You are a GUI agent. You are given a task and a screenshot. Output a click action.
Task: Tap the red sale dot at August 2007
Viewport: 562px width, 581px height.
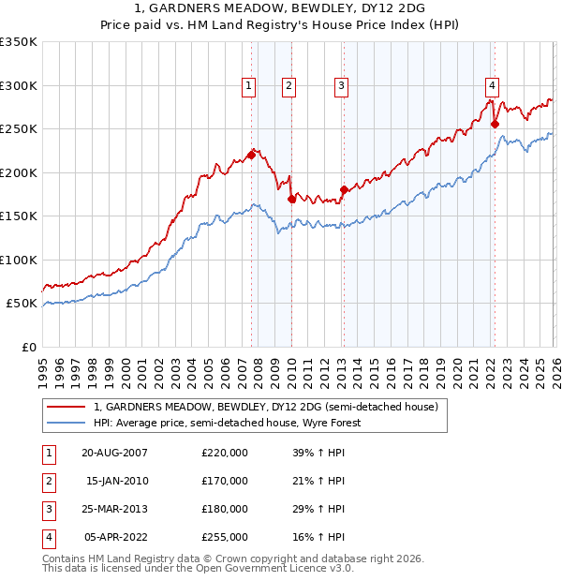point(251,155)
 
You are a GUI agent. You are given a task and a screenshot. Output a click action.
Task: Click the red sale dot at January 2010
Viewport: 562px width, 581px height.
point(291,199)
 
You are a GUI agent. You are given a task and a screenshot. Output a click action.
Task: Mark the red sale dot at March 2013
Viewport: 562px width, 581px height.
point(344,189)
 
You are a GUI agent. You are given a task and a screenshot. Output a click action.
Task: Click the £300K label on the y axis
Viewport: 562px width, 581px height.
point(19,85)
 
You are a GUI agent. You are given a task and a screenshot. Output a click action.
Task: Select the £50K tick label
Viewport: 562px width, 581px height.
point(22,304)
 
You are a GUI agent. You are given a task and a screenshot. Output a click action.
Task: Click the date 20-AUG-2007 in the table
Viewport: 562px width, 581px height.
point(114,453)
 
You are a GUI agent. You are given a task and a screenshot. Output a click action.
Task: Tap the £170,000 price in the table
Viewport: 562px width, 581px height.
point(225,481)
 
